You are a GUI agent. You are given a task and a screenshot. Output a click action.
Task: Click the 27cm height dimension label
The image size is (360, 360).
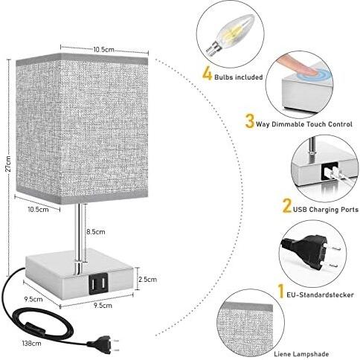8,164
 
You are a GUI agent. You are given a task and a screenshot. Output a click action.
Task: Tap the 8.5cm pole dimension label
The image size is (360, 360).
96,232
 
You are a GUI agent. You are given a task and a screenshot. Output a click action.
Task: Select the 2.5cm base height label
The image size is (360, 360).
148,280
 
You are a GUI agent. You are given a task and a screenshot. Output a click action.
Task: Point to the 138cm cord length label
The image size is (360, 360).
31,344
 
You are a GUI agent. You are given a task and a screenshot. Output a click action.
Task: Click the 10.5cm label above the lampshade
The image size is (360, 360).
104,49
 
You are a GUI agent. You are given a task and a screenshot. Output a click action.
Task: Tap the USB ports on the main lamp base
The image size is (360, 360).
98,283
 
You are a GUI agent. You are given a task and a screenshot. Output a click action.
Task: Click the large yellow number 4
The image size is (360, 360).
207,74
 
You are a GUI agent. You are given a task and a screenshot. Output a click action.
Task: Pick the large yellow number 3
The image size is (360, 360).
250,120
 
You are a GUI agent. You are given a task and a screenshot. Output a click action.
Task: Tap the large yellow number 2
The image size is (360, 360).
287,206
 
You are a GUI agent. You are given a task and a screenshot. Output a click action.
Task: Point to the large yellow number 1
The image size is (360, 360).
280,291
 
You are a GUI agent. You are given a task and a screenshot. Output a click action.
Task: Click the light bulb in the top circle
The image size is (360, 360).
229,36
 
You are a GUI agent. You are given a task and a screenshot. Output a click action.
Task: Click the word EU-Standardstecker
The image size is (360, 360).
320,295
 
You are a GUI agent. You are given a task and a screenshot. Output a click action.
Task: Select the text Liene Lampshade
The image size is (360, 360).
301,354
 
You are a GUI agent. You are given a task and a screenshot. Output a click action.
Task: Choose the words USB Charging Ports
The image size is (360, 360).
326,210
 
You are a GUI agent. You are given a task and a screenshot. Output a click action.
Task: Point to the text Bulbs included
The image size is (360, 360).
239,77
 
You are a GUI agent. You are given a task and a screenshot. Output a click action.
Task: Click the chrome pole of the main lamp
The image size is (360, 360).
79,239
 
